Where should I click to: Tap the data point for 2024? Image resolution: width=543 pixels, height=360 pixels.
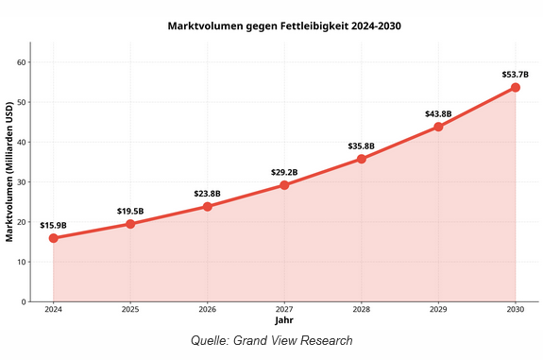53,238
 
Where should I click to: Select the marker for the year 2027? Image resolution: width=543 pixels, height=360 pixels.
284,185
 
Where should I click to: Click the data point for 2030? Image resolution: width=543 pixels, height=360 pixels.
516,87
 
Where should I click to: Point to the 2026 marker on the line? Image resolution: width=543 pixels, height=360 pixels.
208,206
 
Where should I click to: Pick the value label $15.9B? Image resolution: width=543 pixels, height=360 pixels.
53,225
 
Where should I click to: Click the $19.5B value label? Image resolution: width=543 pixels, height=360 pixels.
130,211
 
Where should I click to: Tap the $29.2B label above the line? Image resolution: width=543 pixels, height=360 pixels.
284,172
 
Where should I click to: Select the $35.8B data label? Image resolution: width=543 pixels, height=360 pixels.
362,146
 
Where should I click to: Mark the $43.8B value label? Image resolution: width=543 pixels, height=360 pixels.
438,113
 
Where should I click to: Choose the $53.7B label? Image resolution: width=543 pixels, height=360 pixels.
516,74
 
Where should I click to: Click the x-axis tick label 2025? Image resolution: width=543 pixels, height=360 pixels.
130,310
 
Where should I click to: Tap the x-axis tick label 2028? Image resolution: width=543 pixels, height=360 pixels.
362,310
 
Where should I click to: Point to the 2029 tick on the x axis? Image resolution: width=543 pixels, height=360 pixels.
438,310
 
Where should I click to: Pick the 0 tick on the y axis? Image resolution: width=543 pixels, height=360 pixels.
24,302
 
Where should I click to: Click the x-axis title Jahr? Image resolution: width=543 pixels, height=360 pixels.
284,320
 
